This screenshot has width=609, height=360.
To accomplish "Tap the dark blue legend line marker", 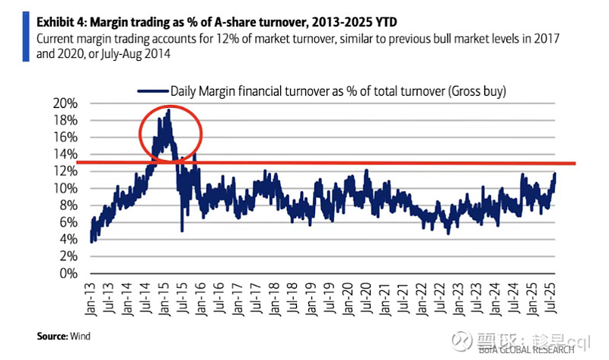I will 152,91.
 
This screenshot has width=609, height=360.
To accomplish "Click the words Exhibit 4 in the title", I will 63,21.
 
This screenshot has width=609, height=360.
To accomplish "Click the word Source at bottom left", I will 52,335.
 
